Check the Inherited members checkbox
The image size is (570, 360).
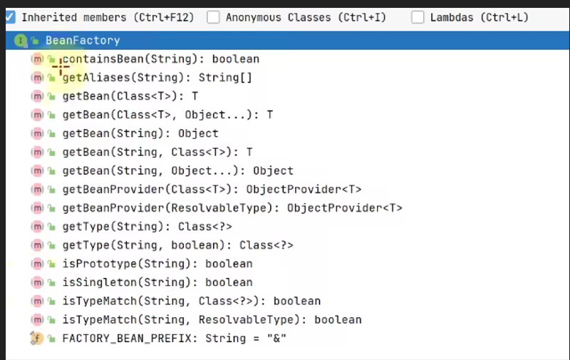tap(10, 17)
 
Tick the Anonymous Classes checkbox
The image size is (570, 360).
tap(213, 17)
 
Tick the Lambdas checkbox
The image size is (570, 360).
tap(418, 17)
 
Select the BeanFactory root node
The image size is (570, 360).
tap(82, 41)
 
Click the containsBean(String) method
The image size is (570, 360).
tap(160, 59)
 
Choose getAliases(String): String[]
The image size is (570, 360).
tap(157, 78)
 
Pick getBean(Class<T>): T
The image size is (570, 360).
tap(130, 96)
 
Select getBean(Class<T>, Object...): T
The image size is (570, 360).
tap(167, 115)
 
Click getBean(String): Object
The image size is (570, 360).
tap(140, 133)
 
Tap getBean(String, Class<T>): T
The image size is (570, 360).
tap(157, 152)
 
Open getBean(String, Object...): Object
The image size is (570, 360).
tap(177, 170)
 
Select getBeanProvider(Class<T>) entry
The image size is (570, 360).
tap(212, 189)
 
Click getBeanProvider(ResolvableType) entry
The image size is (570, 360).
tap(232, 207)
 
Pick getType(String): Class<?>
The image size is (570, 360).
tap(147, 226)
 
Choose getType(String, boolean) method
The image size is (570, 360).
tap(177, 245)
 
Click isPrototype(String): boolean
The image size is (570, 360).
tap(157, 263)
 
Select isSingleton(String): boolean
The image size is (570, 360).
tap(157, 282)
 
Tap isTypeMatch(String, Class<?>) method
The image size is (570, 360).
tap(191, 301)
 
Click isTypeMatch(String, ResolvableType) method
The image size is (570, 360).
tap(212, 319)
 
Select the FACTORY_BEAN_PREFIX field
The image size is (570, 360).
tap(174, 338)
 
